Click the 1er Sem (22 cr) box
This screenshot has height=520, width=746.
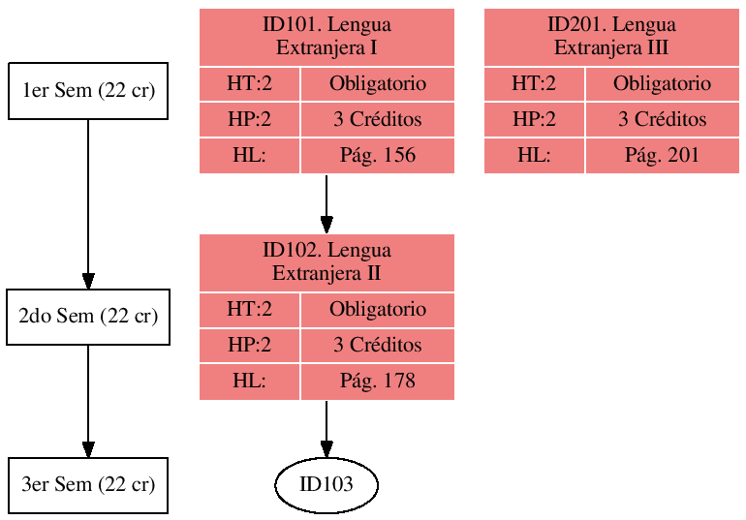coord(88,91)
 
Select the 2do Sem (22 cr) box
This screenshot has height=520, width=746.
coord(88,317)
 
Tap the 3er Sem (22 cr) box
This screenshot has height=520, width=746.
coord(88,485)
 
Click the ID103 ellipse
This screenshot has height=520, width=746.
coord(326,485)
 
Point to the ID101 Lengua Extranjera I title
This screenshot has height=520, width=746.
coord(326,37)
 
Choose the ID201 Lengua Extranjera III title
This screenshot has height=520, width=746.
coord(611,37)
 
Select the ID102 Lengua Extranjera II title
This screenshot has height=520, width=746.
coord(326,262)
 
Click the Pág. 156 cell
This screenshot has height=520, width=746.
coord(377,156)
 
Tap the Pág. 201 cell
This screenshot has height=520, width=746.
coord(662,156)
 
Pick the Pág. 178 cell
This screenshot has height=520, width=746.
coord(377,382)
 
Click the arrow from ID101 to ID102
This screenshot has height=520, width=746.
coord(326,203)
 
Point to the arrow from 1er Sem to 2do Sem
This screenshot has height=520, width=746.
coord(88,203)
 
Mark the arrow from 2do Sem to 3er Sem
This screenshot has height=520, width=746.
coord(88,401)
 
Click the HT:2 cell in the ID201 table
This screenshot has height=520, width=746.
coord(534,84)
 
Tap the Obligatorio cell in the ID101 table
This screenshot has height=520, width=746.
coord(377,84)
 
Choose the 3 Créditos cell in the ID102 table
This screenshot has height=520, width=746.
coord(377,346)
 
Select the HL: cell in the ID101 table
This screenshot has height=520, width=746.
coord(249,156)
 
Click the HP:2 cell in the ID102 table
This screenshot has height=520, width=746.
coord(249,346)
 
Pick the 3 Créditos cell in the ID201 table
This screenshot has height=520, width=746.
coord(662,120)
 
